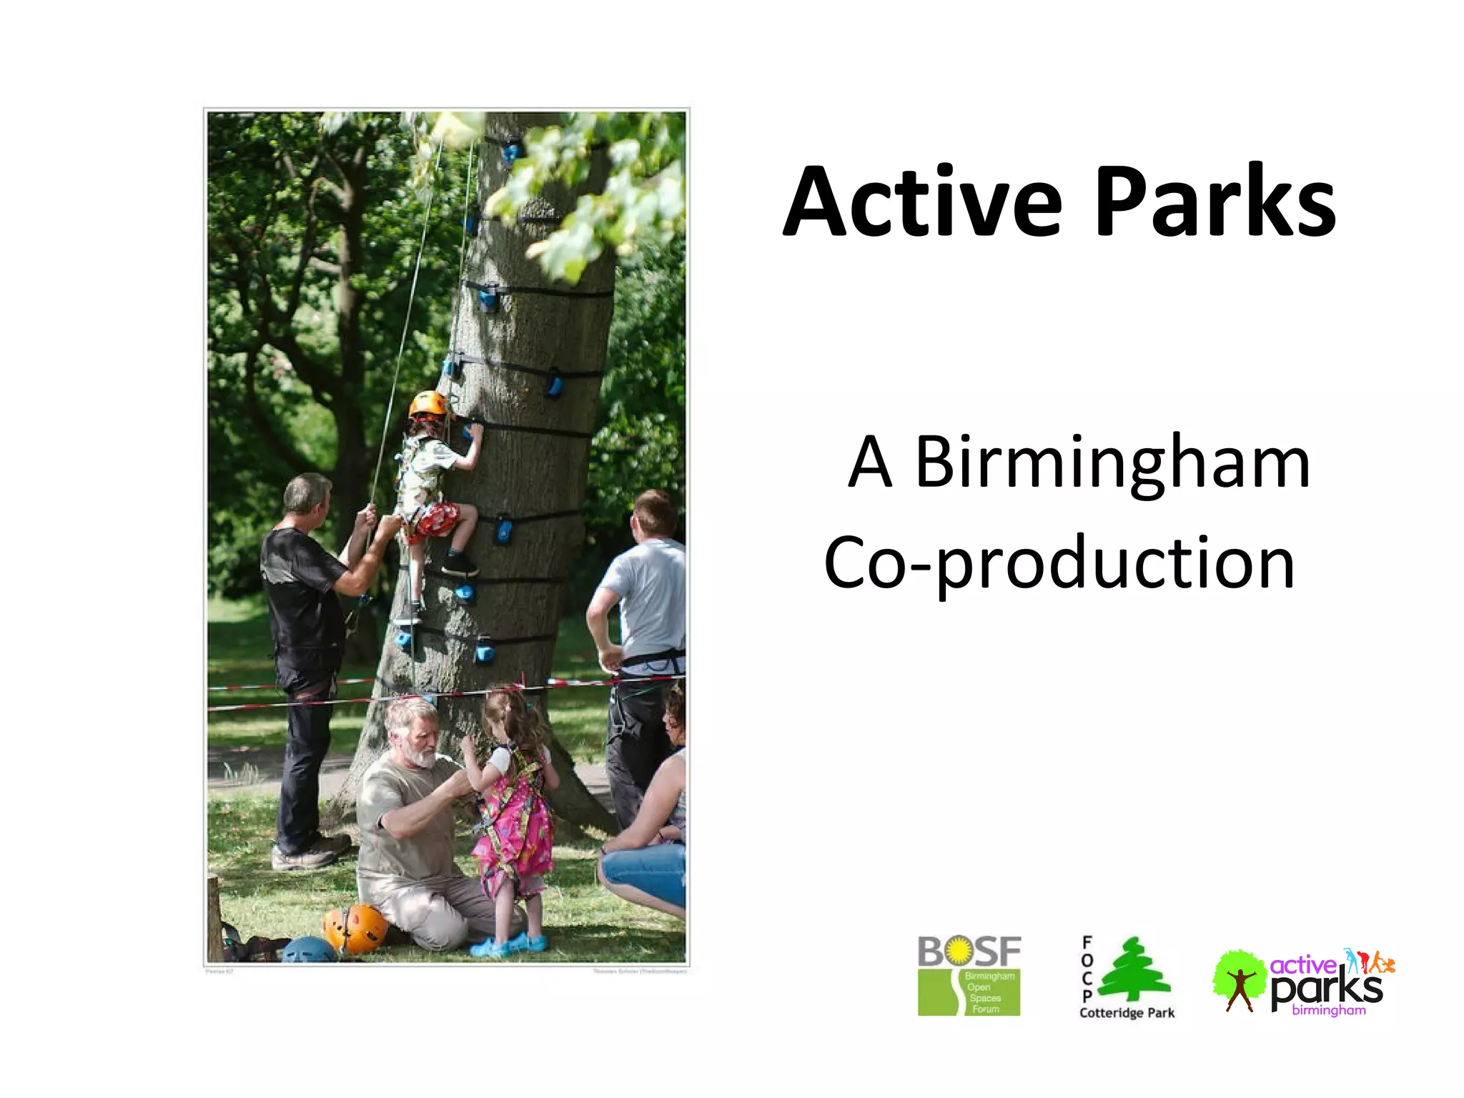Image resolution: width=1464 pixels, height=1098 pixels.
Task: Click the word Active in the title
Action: point(922,202)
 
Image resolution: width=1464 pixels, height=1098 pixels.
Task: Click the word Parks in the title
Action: point(1215,202)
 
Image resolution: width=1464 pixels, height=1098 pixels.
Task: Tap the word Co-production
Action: point(1059,563)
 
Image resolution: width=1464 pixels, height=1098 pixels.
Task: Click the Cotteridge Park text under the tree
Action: point(1127,1013)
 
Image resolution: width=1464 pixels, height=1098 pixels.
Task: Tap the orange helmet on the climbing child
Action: point(427,405)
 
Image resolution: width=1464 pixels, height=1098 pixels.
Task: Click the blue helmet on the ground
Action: point(309,951)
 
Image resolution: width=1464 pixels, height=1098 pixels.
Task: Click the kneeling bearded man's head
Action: point(412,731)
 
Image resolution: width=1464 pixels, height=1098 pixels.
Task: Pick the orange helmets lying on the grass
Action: point(355,928)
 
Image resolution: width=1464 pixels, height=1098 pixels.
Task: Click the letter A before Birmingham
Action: point(870,463)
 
